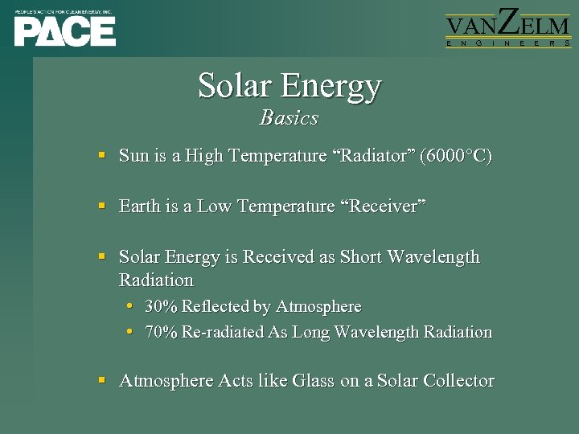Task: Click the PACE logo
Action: pyautogui.click(x=64, y=31)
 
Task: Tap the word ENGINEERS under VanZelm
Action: pyautogui.click(x=508, y=44)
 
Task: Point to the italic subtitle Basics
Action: pyautogui.click(x=289, y=118)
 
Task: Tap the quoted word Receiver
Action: pyautogui.click(x=382, y=207)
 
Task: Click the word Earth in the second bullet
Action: pyautogui.click(x=139, y=207)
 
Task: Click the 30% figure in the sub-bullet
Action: pyautogui.click(x=161, y=307)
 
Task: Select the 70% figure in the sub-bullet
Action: pyautogui.click(x=161, y=332)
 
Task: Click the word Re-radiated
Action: pyautogui.click(x=221, y=332)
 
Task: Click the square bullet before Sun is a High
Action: pyautogui.click(x=102, y=154)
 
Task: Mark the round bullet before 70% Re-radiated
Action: pyautogui.click(x=131, y=331)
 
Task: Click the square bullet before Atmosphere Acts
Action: pyautogui.click(x=102, y=379)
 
